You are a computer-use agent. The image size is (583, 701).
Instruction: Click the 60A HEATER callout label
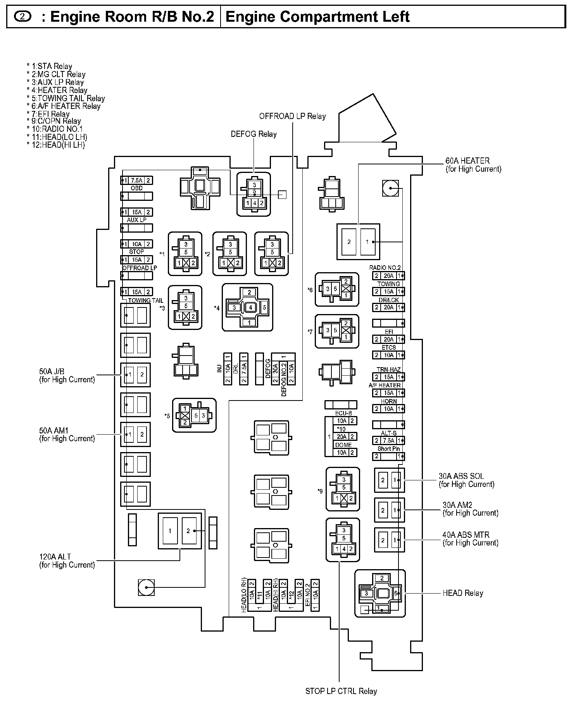(473, 165)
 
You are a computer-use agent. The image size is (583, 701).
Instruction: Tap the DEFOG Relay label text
(254, 134)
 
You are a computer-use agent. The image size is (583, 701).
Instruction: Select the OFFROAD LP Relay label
(292, 116)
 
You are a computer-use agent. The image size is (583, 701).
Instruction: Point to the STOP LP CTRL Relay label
(341, 691)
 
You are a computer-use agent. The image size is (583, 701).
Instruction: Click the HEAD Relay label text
(462, 593)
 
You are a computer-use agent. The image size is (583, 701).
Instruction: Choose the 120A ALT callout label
(67, 561)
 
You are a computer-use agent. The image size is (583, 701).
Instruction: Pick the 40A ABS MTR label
(470, 539)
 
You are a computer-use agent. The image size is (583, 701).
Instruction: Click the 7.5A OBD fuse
(136, 180)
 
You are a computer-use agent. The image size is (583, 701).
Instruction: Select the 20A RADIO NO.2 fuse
(388, 276)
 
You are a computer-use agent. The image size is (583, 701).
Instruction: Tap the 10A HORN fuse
(388, 409)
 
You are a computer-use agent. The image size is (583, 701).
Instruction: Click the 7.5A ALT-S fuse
(388, 440)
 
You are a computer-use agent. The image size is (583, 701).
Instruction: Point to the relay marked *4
(247, 307)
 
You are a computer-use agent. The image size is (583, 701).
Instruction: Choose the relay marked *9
(343, 489)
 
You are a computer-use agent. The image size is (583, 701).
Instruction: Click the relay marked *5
(194, 415)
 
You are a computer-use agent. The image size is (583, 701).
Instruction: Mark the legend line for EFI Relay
(48, 114)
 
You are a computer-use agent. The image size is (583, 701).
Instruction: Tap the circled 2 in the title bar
(22, 17)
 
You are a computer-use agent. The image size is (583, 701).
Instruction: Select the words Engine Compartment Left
(317, 17)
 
